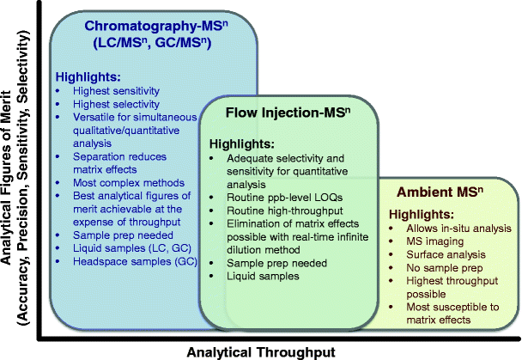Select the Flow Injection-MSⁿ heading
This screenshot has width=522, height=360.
pyautogui.click(x=288, y=113)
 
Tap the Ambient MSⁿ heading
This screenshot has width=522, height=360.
pyautogui.click(x=440, y=192)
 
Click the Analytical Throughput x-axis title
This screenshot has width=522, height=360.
pyautogui.click(x=261, y=351)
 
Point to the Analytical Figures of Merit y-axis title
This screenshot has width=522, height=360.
pyautogui.click(x=15, y=178)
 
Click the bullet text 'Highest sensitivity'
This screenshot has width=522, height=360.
pyautogui.click(x=116, y=90)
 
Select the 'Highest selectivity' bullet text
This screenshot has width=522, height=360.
pyautogui.click(x=116, y=104)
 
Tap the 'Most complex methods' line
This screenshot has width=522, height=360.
pyautogui.click(x=129, y=182)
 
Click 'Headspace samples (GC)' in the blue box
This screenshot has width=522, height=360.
pyautogui.click(x=135, y=261)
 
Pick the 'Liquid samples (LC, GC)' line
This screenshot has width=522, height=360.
pyautogui.click(x=132, y=248)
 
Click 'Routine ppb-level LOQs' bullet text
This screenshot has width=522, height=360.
pyautogui.click(x=285, y=197)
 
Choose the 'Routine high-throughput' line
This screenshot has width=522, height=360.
pyautogui.click(x=285, y=211)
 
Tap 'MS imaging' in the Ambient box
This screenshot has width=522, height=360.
pyautogui.click(x=434, y=241)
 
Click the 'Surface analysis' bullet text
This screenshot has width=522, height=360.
pyautogui.click(x=446, y=254)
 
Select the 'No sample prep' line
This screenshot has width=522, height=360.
pyautogui.click(x=445, y=268)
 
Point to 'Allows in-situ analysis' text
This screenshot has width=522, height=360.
pyautogui.click(x=458, y=229)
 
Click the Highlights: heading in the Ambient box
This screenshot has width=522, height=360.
pyautogui.click(x=422, y=214)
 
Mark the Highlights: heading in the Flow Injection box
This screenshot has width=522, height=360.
pyautogui.click(x=242, y=143)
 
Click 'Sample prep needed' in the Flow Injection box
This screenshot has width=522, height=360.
pyautogui.click(x=276, y=263)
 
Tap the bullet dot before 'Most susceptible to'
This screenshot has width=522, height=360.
pyautogui.click(x=391, y=307)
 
